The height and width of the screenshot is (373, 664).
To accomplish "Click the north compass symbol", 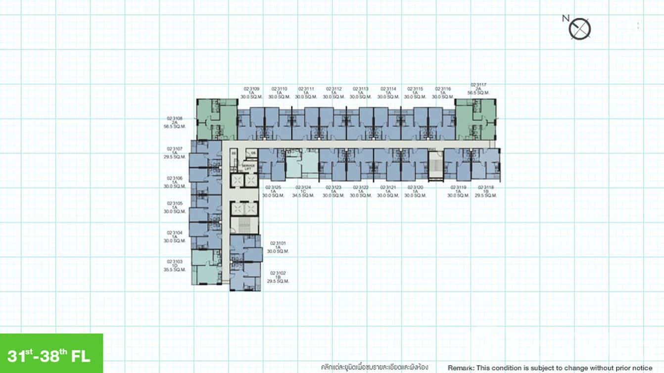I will [579, 29].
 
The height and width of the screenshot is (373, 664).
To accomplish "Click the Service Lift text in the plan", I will [248, 167].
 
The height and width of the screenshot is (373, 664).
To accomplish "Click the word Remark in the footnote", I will [461, 368].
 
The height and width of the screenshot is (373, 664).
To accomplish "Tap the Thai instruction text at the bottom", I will [374, 368].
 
